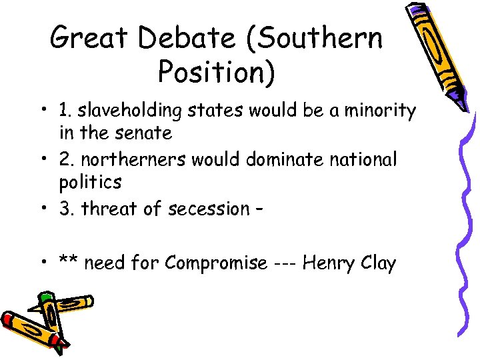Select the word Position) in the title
coord(216,71)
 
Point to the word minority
coord(378,110)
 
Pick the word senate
coord(143,133)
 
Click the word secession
coord(206,209)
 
